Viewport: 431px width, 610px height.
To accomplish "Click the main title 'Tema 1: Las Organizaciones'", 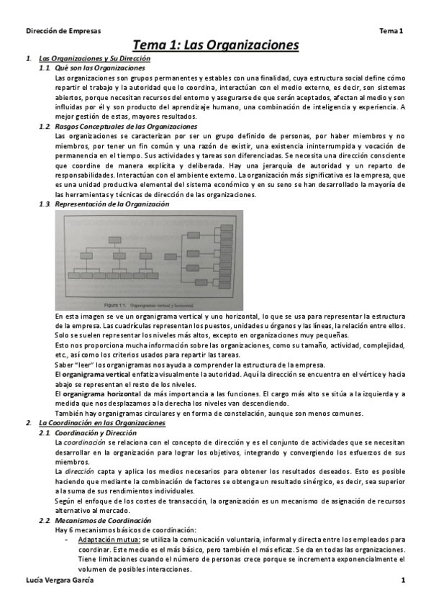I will tap(215, 45).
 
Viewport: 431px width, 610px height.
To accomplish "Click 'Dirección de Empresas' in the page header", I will tap(63, 31).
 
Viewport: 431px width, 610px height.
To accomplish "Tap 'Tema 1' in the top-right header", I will tap(391, 31).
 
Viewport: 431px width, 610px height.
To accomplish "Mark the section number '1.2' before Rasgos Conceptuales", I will tap(44, 127).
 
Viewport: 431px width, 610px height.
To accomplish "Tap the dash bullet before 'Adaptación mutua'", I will tap(67, 539).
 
